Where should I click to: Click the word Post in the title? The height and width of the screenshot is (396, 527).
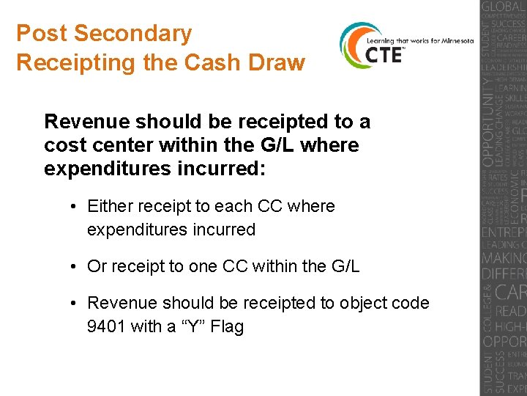click(42, 34)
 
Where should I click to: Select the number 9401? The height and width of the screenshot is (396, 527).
click(106, 326)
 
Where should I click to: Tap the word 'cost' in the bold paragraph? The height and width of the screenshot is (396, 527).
click(65, 145)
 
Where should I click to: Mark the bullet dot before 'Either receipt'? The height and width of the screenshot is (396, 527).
click(75, 207)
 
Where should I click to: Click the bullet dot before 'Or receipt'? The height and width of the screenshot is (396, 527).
click(75, 267)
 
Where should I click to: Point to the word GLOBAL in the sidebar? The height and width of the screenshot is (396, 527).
click(503, 9)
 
